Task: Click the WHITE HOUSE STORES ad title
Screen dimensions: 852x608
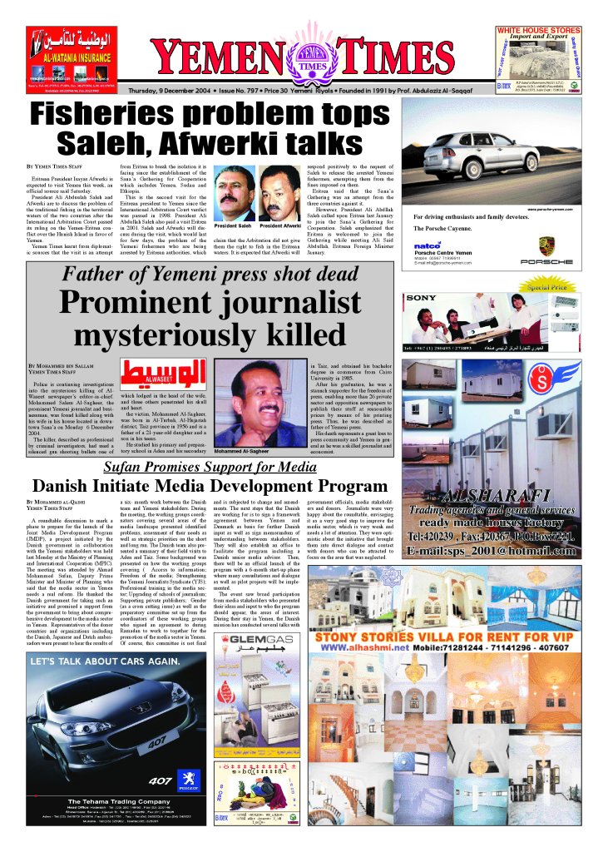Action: (538, 30)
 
